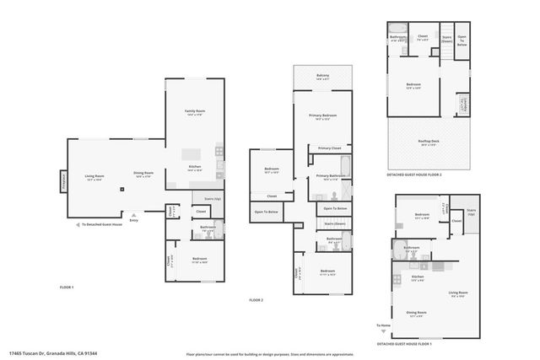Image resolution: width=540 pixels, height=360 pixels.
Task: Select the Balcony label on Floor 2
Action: pos(323,76)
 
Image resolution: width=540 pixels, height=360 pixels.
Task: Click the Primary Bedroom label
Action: pos(322,116)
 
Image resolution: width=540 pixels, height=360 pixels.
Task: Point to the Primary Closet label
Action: pos(330,148)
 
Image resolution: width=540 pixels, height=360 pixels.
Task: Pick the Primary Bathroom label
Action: pos(327,176)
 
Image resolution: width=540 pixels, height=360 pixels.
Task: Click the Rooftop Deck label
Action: pos(429,142)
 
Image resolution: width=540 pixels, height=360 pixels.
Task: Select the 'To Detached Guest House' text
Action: pos(102,225)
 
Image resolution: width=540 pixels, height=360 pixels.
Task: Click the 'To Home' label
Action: pos(384,325)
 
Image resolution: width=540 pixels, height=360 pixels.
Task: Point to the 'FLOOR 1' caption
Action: pos(67,288)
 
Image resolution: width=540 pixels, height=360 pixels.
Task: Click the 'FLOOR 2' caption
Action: pos(256,300)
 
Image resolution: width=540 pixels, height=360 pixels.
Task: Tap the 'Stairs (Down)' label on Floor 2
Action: pos(335,223)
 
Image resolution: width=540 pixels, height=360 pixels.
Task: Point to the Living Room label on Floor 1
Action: pos(93,176)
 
